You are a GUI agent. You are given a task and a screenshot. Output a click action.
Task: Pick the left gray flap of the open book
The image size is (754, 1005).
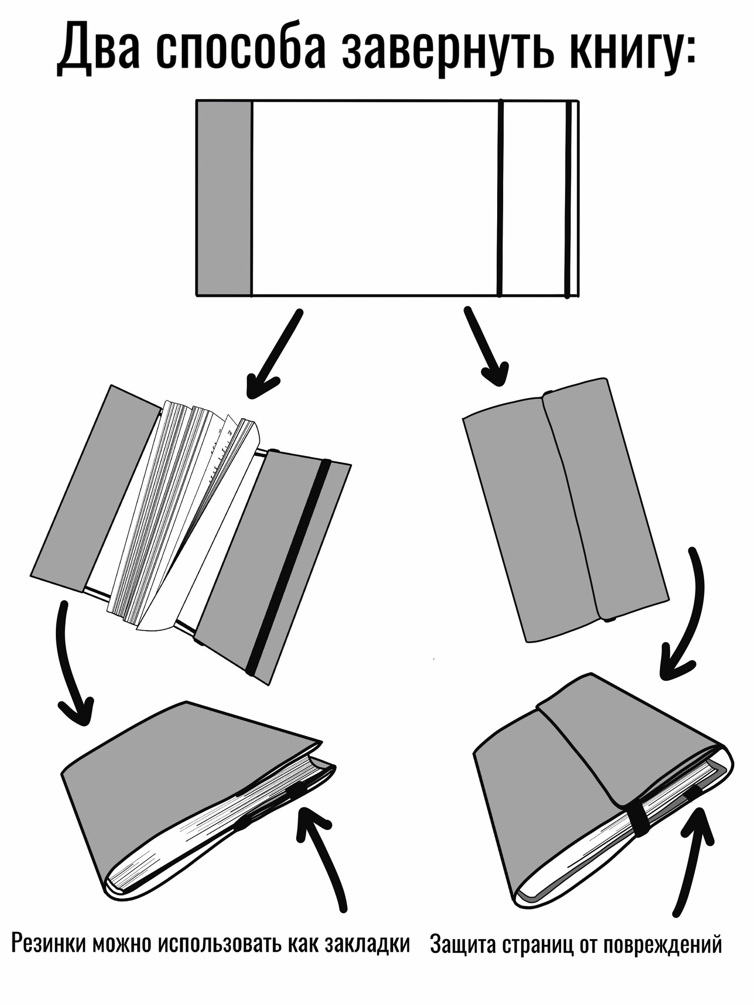click(x=96, y=487)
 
